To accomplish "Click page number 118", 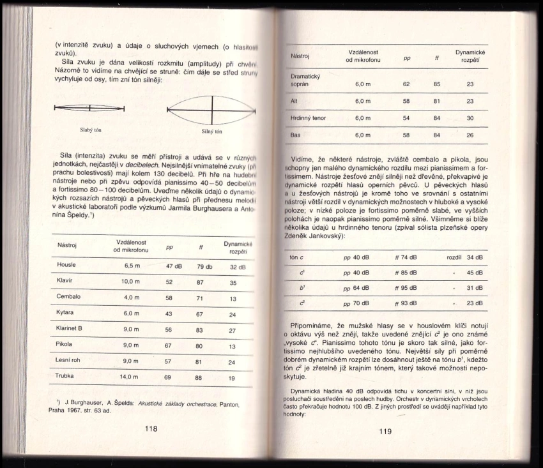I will click(151, 428).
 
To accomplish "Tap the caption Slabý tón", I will click(90, 130).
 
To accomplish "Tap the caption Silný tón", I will click(211, 132).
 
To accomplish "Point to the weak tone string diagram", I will click(89, 108).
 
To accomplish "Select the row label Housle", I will click(66, 264).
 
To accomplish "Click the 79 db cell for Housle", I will click(204, 266).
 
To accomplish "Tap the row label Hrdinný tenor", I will click(308, 117).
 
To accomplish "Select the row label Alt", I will click(294, 101).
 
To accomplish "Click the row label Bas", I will click(295, 135).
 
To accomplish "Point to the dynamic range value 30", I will click(470, 118).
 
